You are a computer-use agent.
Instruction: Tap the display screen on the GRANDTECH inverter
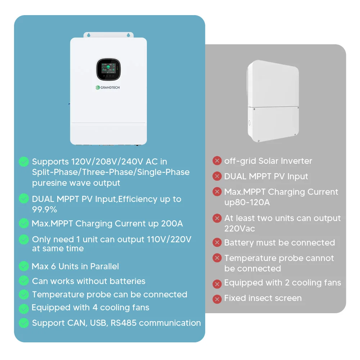tap(108, 70)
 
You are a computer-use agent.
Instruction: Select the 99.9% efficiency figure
tap(45, 210)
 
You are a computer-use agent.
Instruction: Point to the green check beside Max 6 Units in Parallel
tap(24, 266)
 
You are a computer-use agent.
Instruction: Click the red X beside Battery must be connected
tap(217, 243)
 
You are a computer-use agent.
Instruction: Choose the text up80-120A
tap(247, 202)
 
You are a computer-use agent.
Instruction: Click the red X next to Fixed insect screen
tap(217, 298)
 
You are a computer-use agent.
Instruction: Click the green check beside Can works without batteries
tap(24, 281)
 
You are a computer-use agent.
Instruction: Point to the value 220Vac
tap(240, 229)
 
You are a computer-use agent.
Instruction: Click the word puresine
tap(48, 183)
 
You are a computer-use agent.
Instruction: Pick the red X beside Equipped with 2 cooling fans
tap(217, 283)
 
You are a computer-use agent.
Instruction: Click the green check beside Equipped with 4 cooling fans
tap(24, 308)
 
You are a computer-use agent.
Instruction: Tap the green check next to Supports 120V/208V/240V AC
tap(24, 162)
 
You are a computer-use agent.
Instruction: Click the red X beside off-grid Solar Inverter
tap(217, 161)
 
